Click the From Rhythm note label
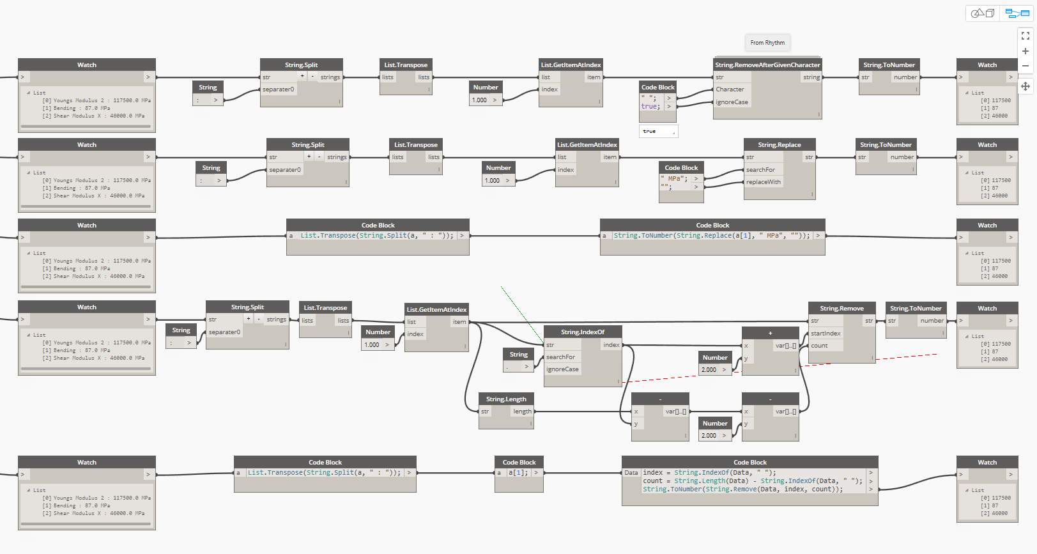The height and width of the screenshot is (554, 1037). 767,43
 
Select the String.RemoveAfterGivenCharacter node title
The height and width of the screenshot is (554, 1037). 767,65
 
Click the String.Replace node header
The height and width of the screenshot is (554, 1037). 779,145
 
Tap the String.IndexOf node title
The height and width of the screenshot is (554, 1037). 582,332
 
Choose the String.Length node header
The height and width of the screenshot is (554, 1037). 506,399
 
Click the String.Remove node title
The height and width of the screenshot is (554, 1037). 841,309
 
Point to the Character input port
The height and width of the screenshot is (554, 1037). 730,89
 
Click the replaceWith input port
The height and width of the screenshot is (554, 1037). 763,182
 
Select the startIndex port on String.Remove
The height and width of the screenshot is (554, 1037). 826,334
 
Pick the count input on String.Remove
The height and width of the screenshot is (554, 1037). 819,346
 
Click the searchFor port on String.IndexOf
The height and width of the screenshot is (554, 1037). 560,357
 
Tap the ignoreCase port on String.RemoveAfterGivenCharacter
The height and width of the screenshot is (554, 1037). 732,102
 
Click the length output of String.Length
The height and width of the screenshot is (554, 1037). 522,412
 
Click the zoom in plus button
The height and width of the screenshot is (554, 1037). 1025,51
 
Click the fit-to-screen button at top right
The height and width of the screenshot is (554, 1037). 1025,36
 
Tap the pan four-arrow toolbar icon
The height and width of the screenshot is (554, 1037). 1025,86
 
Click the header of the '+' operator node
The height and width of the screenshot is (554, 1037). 770,333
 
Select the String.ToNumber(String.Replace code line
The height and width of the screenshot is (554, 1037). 711,236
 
